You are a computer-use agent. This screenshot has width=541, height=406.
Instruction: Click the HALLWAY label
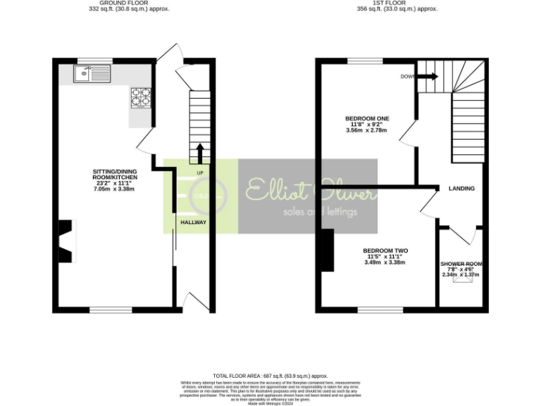tap(193, 222)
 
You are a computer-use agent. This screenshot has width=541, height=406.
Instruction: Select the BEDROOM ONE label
tap(367, 118)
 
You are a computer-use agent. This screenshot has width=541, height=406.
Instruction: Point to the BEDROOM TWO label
tap(385, 250)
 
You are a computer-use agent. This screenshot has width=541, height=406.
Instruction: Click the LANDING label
tap(462, 188)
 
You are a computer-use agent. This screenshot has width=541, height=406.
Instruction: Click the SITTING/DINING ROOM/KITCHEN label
tap(115, 173)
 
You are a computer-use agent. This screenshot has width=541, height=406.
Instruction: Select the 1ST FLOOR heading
tap(397, 4)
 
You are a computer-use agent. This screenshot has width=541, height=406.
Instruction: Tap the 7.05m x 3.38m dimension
tap(115, 189)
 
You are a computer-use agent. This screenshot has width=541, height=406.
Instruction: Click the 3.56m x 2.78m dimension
tap(367, 130)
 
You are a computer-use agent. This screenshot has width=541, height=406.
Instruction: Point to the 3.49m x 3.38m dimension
tap(385, 263)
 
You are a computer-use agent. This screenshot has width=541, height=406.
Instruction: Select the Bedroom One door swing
tap(407, 132)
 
